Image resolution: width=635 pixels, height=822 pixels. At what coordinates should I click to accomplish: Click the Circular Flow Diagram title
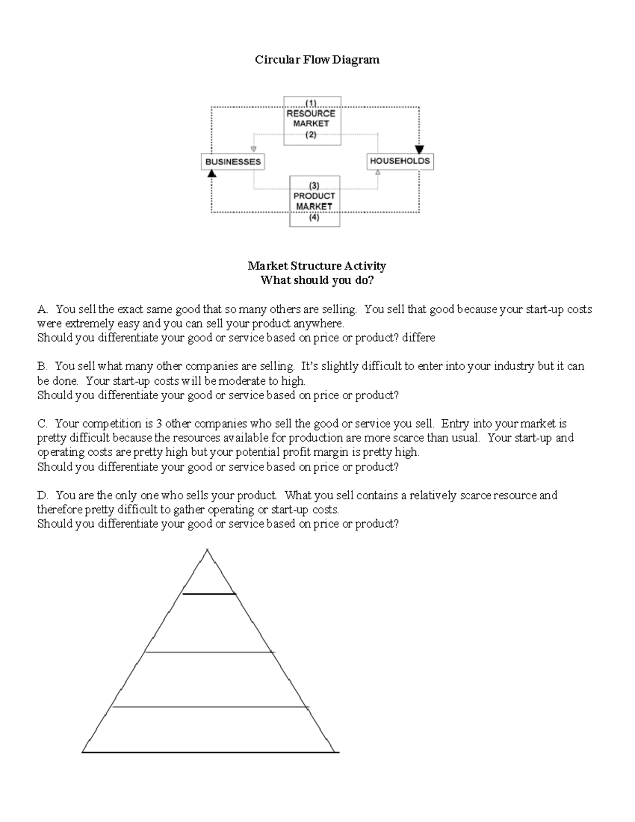point(317,60)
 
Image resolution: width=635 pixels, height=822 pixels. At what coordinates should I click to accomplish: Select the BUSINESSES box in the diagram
point(233,162)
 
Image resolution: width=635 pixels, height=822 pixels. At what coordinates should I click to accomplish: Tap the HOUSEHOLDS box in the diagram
point(400,161)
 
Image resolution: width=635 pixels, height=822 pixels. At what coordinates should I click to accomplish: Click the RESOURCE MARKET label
point(311,119)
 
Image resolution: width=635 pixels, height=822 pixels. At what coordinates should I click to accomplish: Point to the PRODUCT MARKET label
point(314,201)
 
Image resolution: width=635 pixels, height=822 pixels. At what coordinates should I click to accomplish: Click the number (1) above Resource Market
point(311,103)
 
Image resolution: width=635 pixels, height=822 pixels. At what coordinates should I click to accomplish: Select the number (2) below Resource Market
point(311,134)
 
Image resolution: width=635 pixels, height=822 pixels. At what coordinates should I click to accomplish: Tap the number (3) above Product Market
point(314,185)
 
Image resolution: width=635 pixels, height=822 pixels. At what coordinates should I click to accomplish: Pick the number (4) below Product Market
point(314,217)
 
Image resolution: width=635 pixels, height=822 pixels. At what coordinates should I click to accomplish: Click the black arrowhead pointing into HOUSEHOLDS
point(419,149)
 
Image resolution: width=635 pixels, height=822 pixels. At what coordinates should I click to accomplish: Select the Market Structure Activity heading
point(317,266)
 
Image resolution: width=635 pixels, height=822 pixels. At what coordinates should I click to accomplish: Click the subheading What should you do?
point(317,280)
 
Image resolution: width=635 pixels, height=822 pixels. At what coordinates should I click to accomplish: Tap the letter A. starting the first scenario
point(42,309)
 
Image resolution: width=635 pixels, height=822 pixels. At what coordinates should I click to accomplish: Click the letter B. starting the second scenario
point(42,366)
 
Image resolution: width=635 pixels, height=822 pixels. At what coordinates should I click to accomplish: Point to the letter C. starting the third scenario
point(42,423)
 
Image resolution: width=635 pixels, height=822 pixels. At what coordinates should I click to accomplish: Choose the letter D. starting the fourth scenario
point(42,495)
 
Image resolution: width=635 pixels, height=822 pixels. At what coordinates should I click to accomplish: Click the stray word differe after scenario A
point(419,338)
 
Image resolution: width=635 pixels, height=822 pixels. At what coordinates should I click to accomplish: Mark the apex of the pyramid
point(207,550)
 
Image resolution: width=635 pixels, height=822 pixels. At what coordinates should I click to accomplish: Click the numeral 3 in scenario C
point(159,423)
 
